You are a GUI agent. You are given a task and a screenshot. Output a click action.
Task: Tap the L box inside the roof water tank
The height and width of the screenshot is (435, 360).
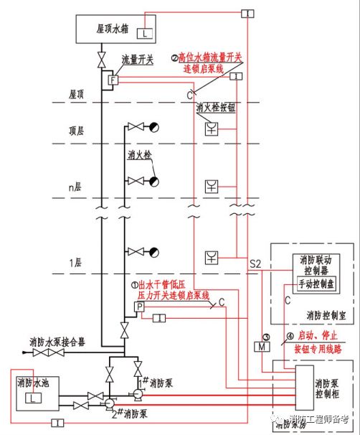tap(146, 33)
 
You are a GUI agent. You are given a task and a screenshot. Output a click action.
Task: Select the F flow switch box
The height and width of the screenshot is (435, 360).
tap(113, 80)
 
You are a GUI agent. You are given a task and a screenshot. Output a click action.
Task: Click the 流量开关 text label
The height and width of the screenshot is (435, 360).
tap(138, 60)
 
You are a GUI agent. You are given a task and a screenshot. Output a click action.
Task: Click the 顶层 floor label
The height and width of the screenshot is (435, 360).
tap(77, 131)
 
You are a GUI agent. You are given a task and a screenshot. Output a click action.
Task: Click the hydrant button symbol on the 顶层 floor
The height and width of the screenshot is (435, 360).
tap(212, 128)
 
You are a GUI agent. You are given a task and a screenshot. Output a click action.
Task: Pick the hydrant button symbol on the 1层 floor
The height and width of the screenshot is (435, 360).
tap(212, 256)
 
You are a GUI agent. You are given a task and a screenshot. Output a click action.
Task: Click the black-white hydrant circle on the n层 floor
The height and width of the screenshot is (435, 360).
tap(153, 182)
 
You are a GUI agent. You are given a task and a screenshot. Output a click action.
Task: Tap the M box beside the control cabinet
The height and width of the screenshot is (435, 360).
tap(261, 348)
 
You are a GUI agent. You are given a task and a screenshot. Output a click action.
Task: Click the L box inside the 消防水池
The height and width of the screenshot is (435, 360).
tap(32, 398)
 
